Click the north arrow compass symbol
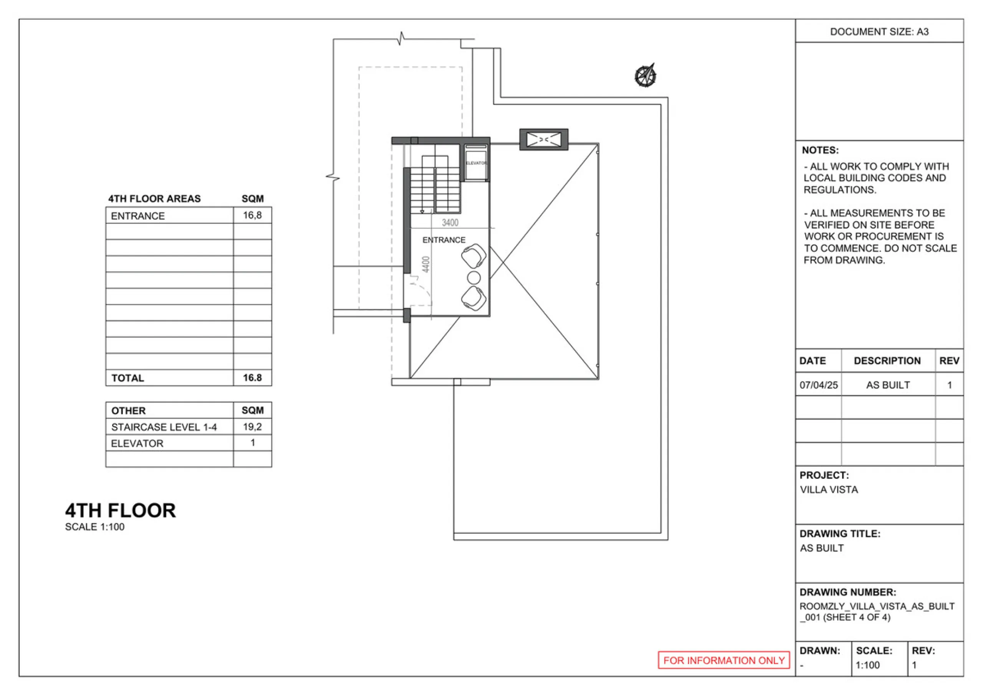point(645,76)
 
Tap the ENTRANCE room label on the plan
point(444,240)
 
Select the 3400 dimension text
point(450,223)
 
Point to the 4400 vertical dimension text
point(425,264)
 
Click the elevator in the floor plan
point(476,163)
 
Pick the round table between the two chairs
point(473,278)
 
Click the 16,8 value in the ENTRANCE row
point(252,215)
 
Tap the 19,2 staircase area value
point(252,427)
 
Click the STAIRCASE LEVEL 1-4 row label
point(164,427)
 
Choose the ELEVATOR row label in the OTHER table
point(137,443)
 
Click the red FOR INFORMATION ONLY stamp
point(723,660)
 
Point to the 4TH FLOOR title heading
point(120,510)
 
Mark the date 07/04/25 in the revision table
point(819,385)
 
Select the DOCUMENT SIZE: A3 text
point(879,32)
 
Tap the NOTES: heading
point(820,150)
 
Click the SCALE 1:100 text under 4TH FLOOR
point(94,527)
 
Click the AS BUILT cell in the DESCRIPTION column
point(888,385)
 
